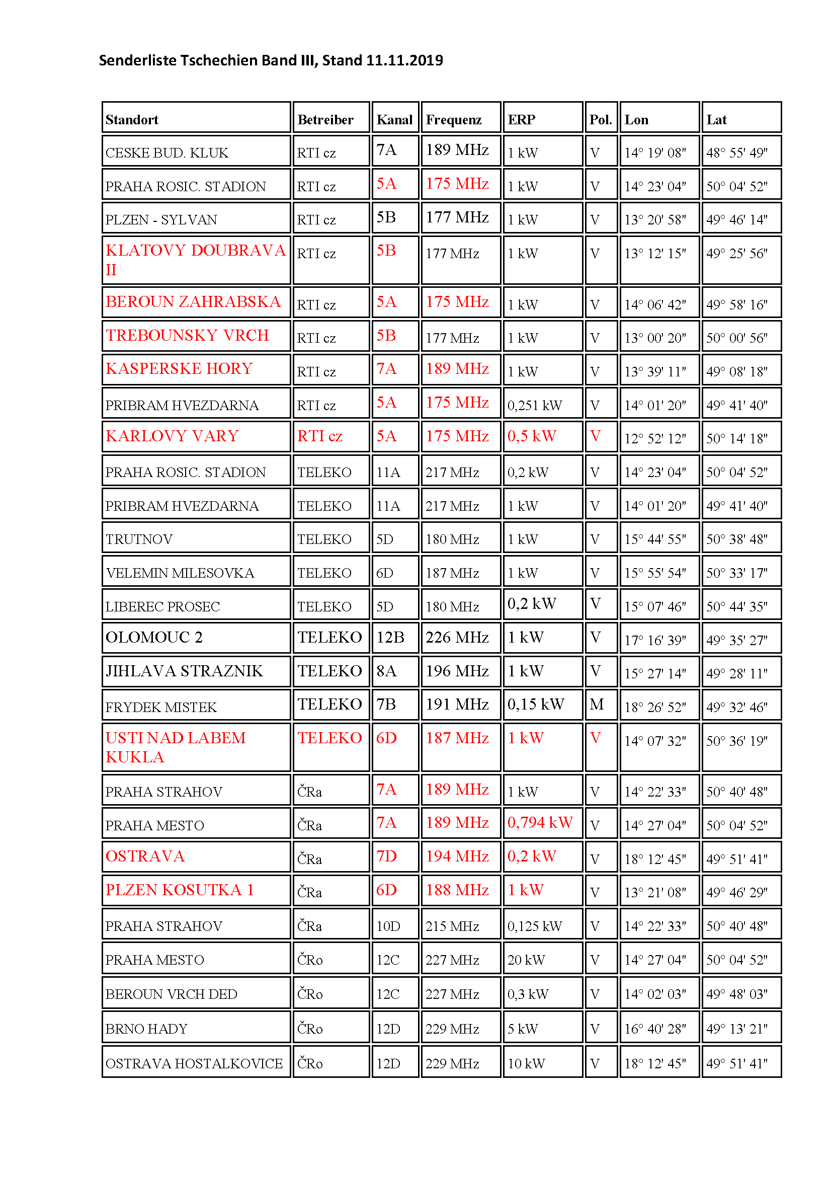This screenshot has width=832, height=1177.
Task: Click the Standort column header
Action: tap(132, 120)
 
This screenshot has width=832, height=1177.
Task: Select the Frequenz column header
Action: tap(453, 120)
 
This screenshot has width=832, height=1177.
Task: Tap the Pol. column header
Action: tap(601, 120)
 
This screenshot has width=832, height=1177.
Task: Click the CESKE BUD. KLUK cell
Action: tap(167, 153)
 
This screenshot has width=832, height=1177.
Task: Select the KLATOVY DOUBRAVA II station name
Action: tap(195, 259)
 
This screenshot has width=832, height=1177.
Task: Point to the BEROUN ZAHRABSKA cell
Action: tap(193, 302)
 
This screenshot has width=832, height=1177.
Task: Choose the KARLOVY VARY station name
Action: tap(172, 436)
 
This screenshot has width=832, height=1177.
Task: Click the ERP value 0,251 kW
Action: tap(534, 406)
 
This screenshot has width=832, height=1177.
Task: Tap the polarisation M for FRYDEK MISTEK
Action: tap(597, 704)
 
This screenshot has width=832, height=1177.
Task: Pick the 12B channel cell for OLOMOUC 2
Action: tap(390, 637)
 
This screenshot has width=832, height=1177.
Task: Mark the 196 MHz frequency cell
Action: tap(457, 671)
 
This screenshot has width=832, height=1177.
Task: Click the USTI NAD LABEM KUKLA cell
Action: tap(175, 747)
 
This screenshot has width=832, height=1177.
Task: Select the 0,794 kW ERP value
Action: tap(540, 823)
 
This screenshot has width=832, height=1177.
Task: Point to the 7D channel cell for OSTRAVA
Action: tap(386, 856)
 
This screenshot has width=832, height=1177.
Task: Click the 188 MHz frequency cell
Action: tap(457, 890)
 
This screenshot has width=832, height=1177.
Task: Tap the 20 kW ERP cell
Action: tap(526, 960)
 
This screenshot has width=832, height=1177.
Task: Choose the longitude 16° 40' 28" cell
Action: tap(655, 1029)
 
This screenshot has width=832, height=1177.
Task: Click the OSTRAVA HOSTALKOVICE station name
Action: tap(194, 1064)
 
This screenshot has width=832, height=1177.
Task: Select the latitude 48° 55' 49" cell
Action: tap(737, 153)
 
